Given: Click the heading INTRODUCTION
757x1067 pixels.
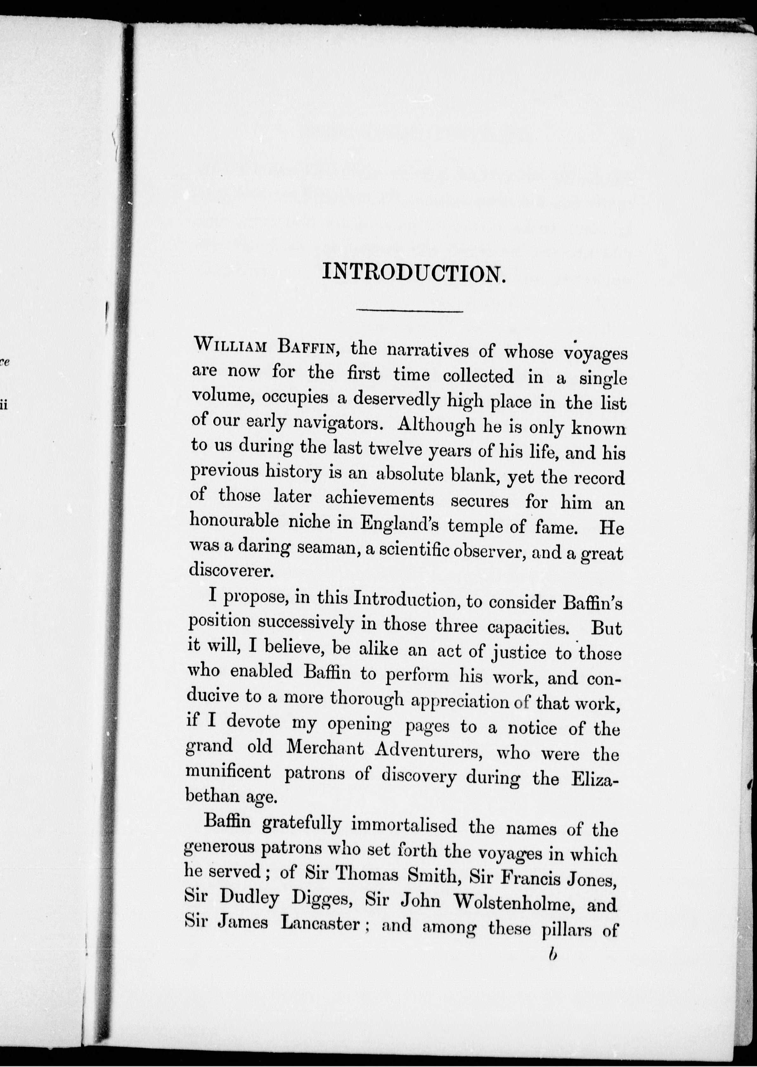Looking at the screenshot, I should pos(414,272).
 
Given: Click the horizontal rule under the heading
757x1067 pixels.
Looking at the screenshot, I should pos(409,311).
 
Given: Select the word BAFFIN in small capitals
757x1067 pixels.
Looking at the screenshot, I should pos(307,347).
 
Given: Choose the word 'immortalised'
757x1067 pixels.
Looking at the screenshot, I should pos(404,825).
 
